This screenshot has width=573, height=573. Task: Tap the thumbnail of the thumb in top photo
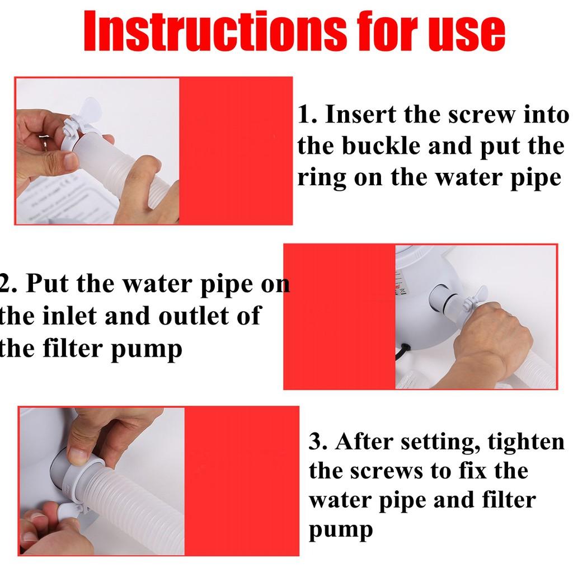tap(72, 161)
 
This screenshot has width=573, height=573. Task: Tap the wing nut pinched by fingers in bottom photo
tap(70, 509)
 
